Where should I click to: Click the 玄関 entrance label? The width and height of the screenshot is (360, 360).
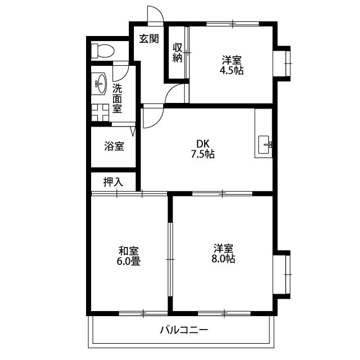[x=149, y=39]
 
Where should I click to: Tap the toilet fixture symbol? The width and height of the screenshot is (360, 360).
[x=102, y=50]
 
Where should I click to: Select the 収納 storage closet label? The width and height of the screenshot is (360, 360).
[x=177, y=52]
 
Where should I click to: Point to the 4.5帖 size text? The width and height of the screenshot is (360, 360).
[x=232, y=71]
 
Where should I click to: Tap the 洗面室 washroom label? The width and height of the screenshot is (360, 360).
[x=118, y=98]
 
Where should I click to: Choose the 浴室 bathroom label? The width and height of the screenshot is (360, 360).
[x=114, y=146]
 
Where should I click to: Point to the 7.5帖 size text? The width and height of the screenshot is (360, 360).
[x=202, y=154]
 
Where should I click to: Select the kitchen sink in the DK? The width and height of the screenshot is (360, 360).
[x=265, y=145]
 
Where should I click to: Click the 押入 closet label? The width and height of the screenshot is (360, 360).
[x=113, y=182]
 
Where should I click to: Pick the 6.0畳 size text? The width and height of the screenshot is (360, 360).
[x=129, y=261]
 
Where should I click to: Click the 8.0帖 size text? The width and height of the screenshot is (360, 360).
[x=224, y=259]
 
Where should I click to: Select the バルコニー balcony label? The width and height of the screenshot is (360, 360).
[x=183, y=330]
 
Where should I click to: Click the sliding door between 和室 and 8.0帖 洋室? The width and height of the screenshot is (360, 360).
[x=170, y=259]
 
